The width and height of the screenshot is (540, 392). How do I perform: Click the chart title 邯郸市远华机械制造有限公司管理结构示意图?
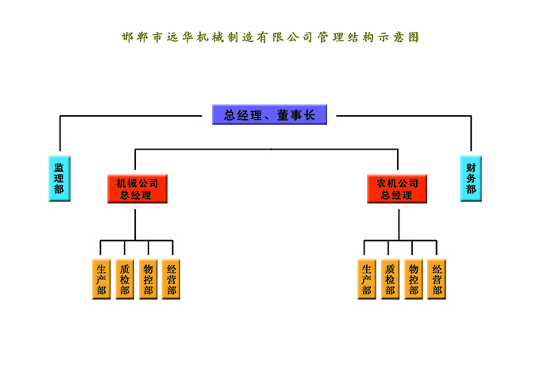[270, 37]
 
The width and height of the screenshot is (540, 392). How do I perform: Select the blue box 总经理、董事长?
[270, 115]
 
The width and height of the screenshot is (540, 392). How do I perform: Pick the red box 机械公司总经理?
[137, 188]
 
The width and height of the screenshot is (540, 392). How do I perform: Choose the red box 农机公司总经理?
[397, 188]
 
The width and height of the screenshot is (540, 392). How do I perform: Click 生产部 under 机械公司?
[101, 279]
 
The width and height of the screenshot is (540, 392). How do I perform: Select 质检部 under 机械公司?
[124, 279]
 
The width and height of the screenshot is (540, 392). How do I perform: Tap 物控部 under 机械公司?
[148, 279]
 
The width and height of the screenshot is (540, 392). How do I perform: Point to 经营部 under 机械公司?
[171, 279]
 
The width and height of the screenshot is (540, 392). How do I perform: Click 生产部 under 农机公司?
[366, 279]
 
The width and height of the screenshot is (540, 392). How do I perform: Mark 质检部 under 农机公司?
[389, 279]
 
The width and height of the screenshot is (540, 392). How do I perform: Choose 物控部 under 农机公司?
[413, 279]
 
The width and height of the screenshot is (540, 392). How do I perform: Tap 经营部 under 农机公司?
[436, 279]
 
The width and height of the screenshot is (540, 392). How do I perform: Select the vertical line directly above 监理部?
[60, 135]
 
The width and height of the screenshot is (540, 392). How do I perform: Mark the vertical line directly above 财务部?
[471, 135]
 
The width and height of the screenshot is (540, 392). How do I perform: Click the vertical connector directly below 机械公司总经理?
[136, 221]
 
